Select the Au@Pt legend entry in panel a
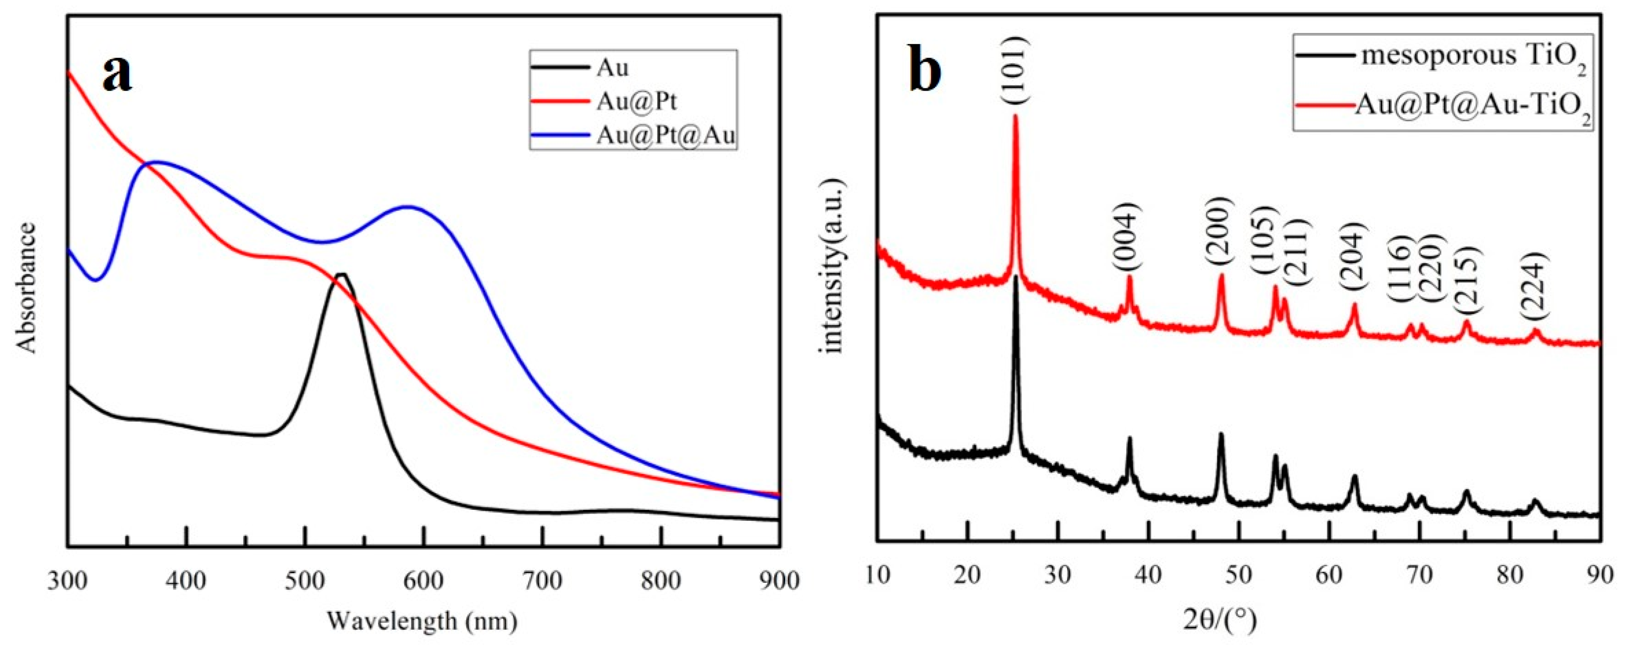click(636, 101)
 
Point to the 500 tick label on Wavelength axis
click(305, 580)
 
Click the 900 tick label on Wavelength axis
click(780, 580)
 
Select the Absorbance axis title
click(27, 287)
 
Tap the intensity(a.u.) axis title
click(832, 265)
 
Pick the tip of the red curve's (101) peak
click(1015, 115)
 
